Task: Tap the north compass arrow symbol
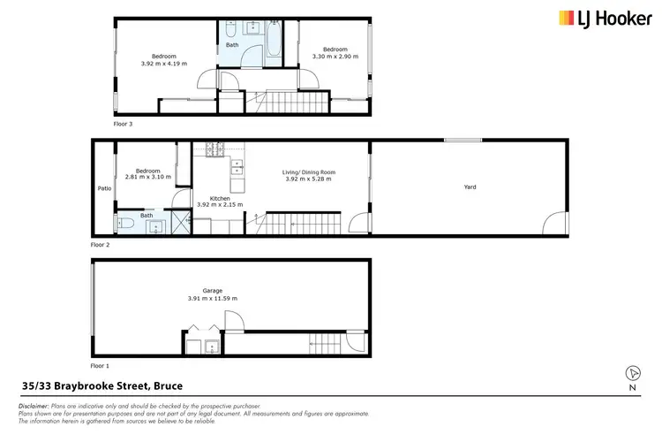click(632, 373)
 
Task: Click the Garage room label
click(212, 291)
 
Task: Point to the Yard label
click(470, 187)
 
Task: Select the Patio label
click(103, 188)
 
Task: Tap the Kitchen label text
click(220, 198)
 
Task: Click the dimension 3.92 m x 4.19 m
click(164, 64)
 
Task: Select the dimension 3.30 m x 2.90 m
click(335, 57)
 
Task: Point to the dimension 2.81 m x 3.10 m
click(147, 178)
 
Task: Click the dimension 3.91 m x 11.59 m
click(212, 299)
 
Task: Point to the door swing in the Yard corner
click(554, 224)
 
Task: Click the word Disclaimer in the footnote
click(33, 405)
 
